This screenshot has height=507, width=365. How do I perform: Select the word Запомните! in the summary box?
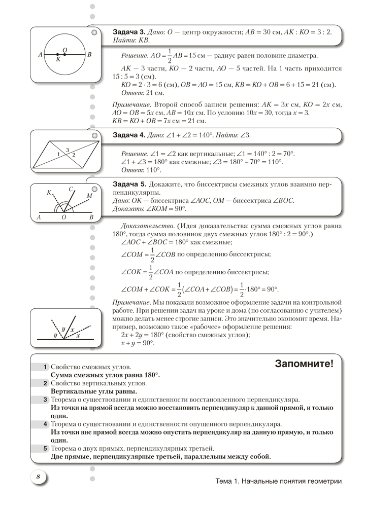coord(304,364)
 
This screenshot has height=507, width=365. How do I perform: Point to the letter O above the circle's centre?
coord(64,49)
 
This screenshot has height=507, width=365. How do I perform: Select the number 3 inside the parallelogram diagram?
coord(68,150)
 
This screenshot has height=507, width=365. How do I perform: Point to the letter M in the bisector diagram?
coord(89,195)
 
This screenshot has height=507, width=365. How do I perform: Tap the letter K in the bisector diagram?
coord(49,193)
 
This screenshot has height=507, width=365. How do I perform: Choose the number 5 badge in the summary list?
coord(45,449)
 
